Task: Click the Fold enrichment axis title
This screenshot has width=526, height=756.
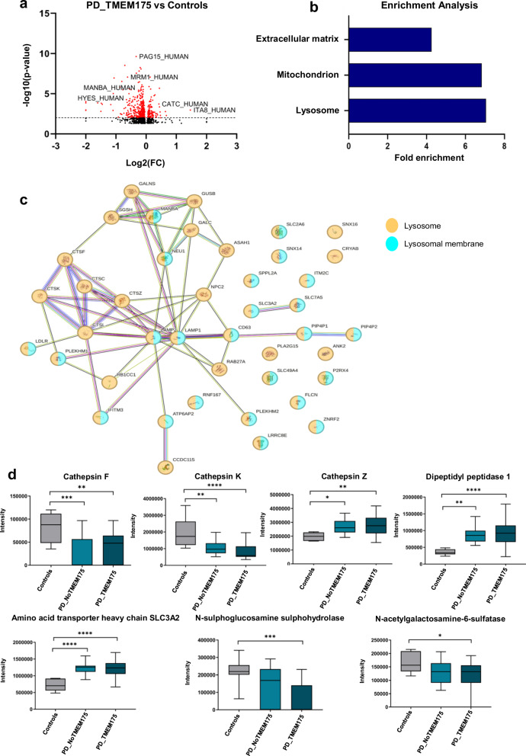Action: pyautogui.click(x=426, y=159)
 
